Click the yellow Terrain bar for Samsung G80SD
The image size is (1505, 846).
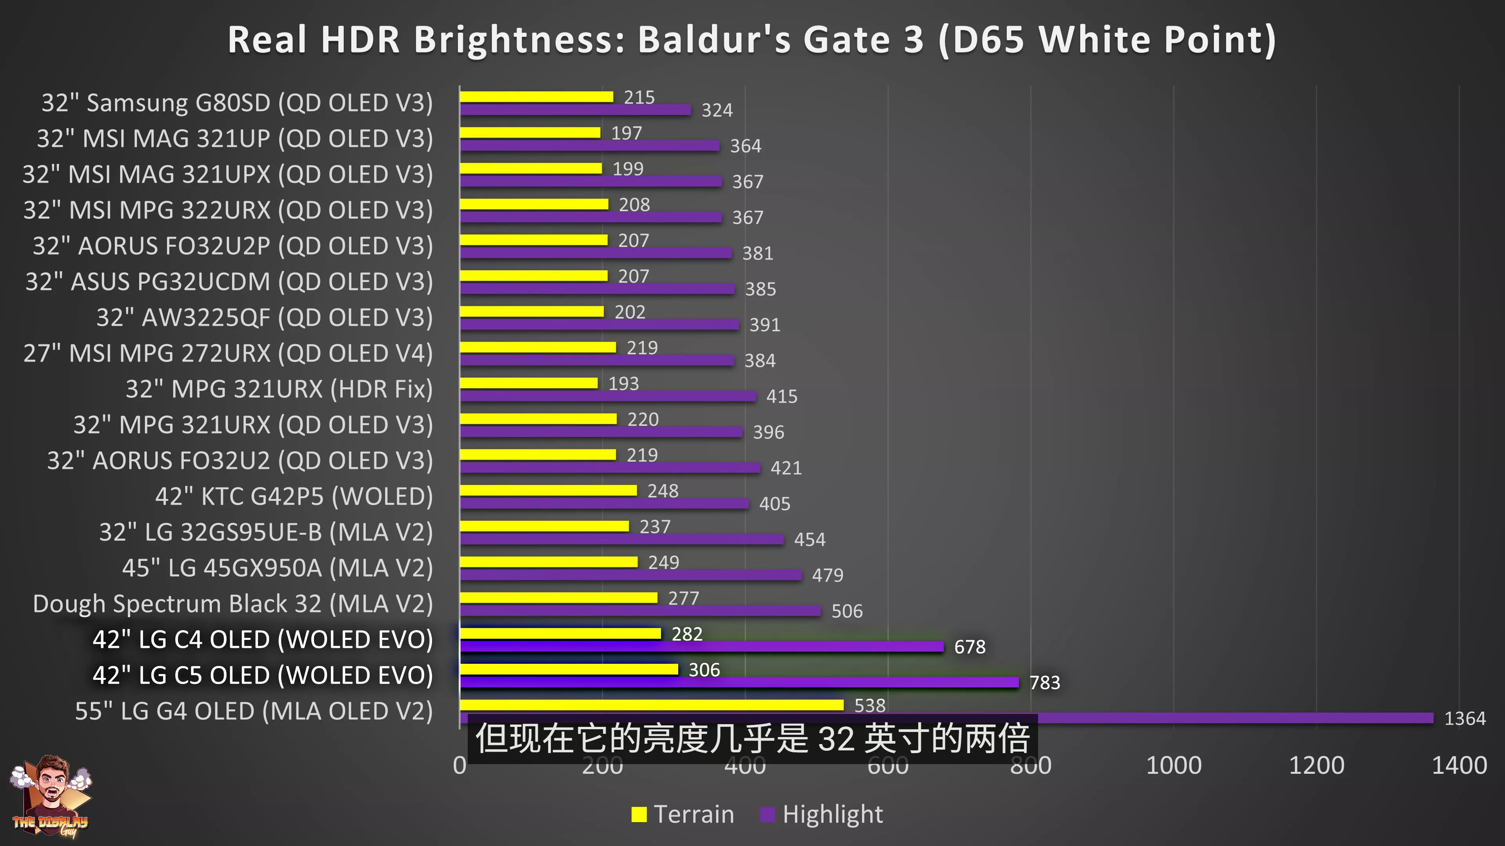point(536,97)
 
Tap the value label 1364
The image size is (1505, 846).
point(1464,719)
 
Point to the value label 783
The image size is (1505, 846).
point(1045,683)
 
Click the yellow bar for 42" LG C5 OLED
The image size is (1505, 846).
point(568,669)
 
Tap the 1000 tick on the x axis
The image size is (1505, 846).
point(1173,765)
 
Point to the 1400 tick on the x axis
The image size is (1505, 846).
point(1459,765)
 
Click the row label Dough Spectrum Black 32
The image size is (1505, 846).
point(232,604)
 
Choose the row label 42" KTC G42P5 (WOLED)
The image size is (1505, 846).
point(294,496)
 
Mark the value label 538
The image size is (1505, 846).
point(870,705)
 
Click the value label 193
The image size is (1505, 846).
point(623,384)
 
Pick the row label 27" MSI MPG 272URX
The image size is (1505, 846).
point(228,353)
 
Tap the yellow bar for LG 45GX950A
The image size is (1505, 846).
point(548,562)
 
